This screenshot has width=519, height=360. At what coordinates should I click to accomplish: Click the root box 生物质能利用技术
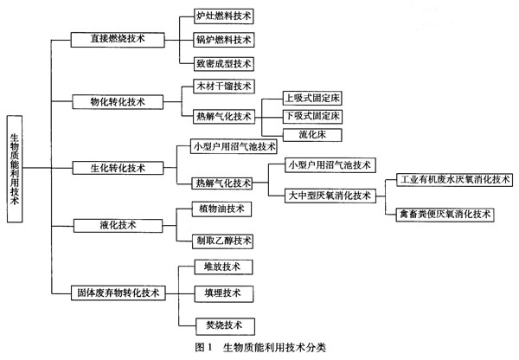point(15,169)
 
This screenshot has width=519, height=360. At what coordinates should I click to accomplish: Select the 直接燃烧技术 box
point(118,40)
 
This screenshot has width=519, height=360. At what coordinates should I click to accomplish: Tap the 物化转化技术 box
point(118,102)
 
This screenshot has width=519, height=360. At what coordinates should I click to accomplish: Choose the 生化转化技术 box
point(118,168)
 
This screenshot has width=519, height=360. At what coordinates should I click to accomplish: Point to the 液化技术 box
point(118,226)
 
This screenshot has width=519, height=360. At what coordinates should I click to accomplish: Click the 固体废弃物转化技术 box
point(119,293)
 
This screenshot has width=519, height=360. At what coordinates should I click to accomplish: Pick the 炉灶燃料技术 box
point(224,16)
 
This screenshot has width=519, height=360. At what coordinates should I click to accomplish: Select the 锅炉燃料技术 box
point(224,40)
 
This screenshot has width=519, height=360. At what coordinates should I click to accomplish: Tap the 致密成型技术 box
point(224,63)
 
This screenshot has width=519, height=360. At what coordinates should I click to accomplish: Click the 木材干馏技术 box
point(224,87)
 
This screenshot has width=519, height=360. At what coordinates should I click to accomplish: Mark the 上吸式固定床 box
point(312,99)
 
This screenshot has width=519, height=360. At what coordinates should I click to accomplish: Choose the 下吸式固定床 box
point(312,116)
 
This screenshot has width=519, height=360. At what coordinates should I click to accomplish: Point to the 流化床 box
point(312,135)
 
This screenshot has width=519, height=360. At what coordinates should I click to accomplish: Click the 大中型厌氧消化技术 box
point(330,196)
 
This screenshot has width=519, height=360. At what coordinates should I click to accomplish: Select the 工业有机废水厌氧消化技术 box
point(454,180)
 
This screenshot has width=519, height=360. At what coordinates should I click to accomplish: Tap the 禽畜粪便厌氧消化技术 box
point(445,215)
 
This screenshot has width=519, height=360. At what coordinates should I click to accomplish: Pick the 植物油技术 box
point(221,209)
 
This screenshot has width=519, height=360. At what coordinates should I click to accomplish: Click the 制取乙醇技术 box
point(223,241)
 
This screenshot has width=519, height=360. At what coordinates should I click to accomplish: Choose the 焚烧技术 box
point(225,326)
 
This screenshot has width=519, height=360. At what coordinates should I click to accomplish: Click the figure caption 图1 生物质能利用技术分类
point(260,347)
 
